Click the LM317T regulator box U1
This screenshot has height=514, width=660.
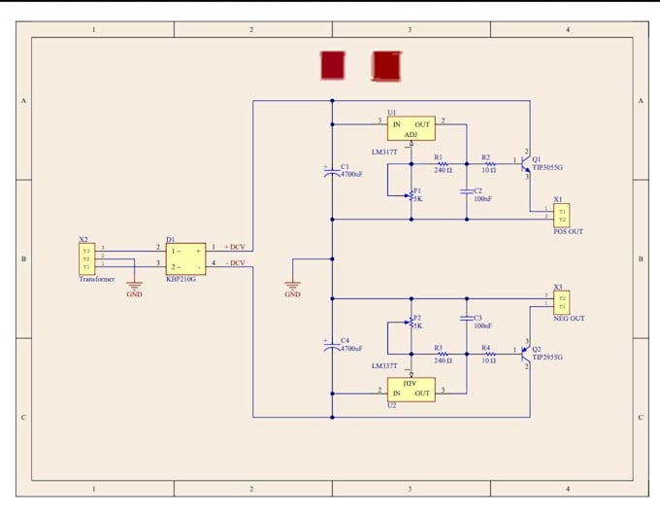coord(411,128)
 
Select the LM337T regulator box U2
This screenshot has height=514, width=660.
coord(411,389)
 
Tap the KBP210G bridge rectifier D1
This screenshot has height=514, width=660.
coord(185,257)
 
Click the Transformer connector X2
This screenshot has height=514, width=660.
coord(86,258)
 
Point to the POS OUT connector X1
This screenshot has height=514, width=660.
coord(561,215)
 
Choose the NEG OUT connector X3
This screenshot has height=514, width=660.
coord(561,302)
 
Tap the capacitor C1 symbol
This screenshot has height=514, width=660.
coord(332,171)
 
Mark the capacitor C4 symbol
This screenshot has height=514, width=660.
coord(332,345)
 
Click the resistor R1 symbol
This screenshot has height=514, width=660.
coord(442,162)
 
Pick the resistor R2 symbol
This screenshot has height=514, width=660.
coord(489,162)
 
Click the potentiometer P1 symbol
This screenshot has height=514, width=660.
coord(412,194)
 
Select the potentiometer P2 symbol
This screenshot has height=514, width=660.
coord(412,323)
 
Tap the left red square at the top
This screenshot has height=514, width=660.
coord(333,65)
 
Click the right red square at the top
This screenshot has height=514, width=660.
coord(386,65)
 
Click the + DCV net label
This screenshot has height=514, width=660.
coord(235,247)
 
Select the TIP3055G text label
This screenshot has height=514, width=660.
coord(547,168)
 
